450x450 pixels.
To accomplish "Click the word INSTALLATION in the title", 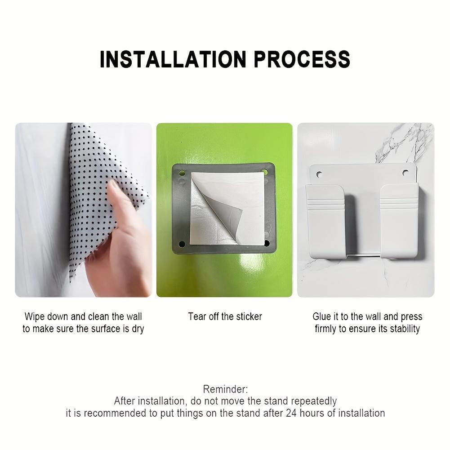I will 173,59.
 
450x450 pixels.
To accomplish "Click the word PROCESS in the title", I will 302,59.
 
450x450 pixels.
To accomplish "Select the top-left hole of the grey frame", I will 182,173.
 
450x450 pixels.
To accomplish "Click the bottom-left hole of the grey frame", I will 182,244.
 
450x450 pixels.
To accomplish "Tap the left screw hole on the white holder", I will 320,173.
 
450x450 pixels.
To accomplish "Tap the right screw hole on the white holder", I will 405,173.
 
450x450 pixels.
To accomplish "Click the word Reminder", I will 225,389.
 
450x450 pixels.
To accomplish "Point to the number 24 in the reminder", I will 291,413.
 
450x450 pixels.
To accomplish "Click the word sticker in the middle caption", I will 247,316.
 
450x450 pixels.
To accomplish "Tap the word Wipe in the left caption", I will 35,316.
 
